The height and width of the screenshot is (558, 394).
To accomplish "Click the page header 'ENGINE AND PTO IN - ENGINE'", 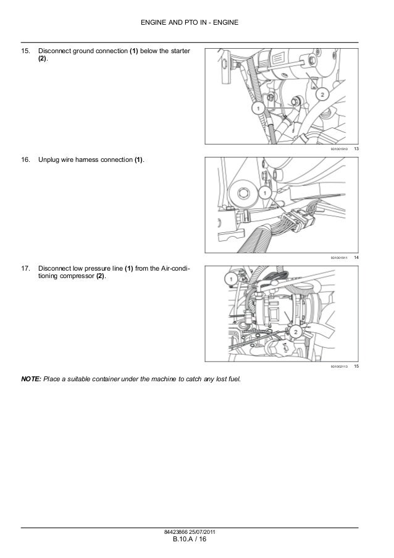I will (197, 23).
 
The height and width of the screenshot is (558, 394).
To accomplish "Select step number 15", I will (25, 50).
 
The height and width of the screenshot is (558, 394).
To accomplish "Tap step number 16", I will (25, 161).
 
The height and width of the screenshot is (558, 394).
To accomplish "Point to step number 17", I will (25, 269).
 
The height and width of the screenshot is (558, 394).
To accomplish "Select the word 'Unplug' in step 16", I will (49, 161).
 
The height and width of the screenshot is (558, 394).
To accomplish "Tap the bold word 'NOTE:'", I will (31, 378).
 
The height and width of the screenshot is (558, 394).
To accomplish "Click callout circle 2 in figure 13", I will (321, 95).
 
